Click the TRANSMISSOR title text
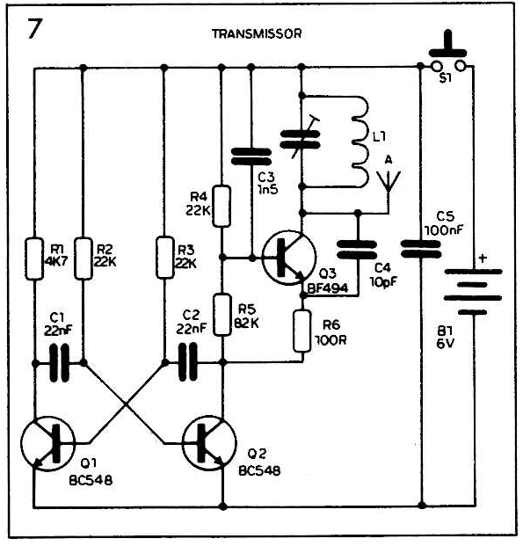click(x=257, y=33)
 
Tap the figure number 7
click(x=34, y=29)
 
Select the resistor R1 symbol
click(x=34, y=258)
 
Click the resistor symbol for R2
click(x=84, y=258)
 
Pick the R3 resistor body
click(x=164, y=258)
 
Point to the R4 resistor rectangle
click(x=222, y=207)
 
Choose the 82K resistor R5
click(x=222, y=315)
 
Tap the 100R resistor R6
click(x=302, y=331)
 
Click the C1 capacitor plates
click(x=60, y=363)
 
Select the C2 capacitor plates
click(x=188, y=362)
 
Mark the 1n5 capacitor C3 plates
click(x=251, y=157)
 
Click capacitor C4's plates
click(x=357, y=250)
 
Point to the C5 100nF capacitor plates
click(x=421, y=249)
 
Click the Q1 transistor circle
click(x=47, y=443)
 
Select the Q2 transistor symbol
click(x=209, y=443)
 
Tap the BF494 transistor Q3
click(x=289, y=258)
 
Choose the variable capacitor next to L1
click(x=301, y=139)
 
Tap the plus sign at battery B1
click(x=483, y=258)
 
